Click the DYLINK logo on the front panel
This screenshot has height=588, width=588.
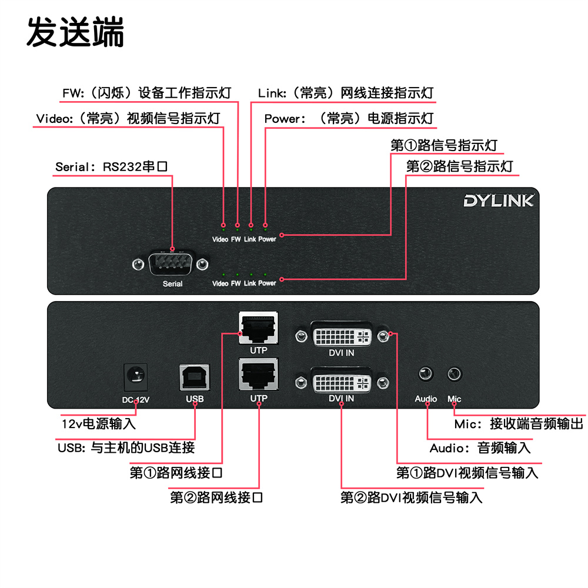pos(498,201)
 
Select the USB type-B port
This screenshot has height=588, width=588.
pos(194,377)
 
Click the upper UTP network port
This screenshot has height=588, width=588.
pos(258,328)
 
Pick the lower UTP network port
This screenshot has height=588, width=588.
pos(258,375)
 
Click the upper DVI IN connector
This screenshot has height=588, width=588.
pos(342,335)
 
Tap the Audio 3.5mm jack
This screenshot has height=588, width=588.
pos(426,374)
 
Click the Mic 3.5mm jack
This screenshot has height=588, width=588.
pos(455,374)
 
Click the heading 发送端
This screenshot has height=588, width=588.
pos(75,32)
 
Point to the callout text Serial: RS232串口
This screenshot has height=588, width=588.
pos(112,166)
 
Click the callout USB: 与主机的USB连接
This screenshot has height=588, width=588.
pos(126,447)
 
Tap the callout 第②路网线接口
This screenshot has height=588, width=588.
pos(216,498)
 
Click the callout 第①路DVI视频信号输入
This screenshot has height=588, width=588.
pos(467,472)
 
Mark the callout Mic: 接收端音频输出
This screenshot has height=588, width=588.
pos(519,424)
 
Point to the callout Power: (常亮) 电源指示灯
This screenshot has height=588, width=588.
pos(349,119)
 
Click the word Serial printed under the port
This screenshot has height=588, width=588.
pos(172,284)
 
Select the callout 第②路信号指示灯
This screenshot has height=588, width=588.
pos(459,166)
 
